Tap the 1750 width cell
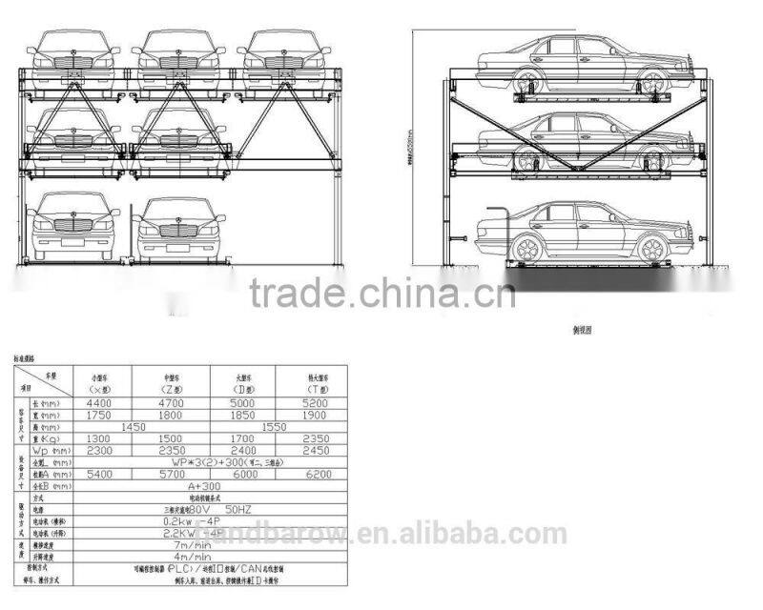(100, 416)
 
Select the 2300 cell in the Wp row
(100, 450)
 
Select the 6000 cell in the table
(246, 474)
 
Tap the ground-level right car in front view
(176, 233)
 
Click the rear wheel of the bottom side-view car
(526, 250)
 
